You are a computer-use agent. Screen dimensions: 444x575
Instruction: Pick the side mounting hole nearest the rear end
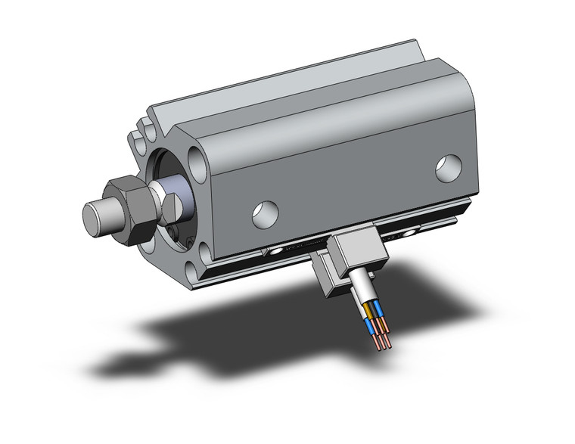point(447,167)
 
